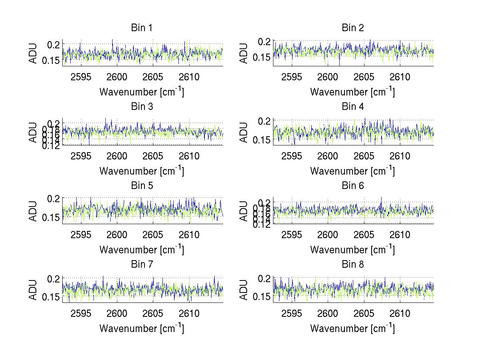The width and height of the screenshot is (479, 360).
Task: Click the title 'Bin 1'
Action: click(142, 28)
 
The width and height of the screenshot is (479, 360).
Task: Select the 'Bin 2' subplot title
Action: click(352, 28)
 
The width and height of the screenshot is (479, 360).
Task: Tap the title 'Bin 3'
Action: click(142, 107)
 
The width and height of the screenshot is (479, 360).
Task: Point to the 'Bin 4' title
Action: click(352, 107)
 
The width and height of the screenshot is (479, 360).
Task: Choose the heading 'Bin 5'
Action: click(142, 186)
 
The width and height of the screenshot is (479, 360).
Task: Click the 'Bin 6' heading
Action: click(352, 186)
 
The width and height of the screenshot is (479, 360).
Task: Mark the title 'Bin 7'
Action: click(142, 265)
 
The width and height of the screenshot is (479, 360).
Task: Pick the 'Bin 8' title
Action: click(352, 265)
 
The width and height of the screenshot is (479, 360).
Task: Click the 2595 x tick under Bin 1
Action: click(81, 77)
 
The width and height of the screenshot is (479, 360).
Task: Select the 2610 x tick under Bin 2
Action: click(400, 77)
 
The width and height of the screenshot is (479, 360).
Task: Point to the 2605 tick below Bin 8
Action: click(364, 314)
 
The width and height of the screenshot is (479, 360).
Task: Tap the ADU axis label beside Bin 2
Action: click(244, 53)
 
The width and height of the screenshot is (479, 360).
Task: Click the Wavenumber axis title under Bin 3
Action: click(142, 171)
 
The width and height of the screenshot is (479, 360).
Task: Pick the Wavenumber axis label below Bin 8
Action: click(352, 328)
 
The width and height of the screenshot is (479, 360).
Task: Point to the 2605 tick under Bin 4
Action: click(364, 156)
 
